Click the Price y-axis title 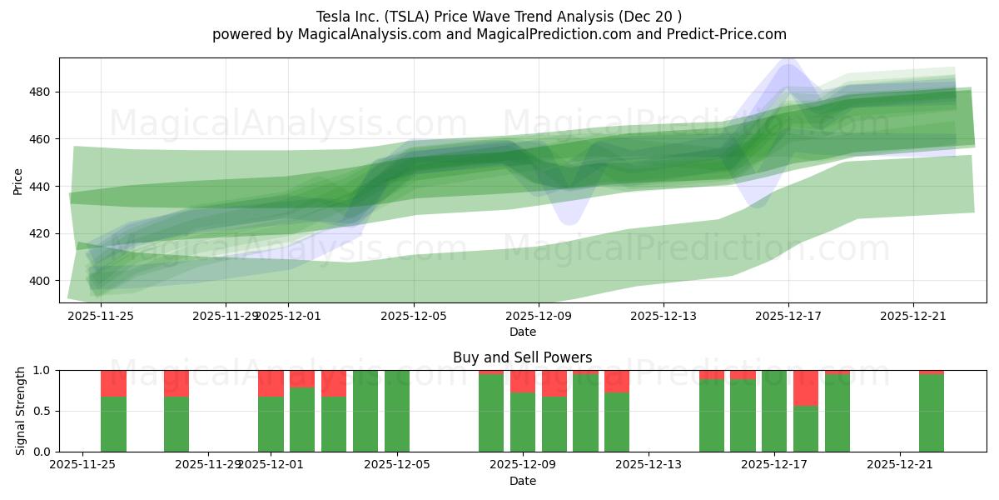point(17,181)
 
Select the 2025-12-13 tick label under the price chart point(664,316)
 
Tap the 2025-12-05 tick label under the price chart point(413,316)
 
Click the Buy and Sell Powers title point(522,357)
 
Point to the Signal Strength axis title point(21,411)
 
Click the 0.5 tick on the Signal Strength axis point(41,411)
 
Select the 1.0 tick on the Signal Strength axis point(41,370)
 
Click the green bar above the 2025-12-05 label point(397,412)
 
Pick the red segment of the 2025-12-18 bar point(806,387)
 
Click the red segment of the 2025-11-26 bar point(113,382)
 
